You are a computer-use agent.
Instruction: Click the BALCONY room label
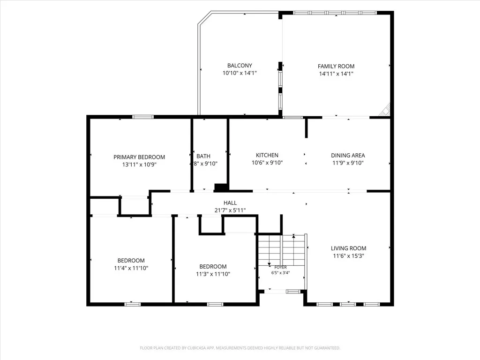(x=240, y=66)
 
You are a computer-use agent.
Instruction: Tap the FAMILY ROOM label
(x=336, y=66)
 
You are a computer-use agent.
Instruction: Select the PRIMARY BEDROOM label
(x=139, y=157)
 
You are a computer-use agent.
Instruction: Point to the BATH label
(x=203, y=156)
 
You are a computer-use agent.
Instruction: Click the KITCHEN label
(x=267, y=155)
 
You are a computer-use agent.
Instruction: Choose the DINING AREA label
(x=348, y=156)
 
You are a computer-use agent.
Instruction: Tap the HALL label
(x=230, y=202)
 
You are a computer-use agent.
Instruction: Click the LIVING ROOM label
(x=349, y=248)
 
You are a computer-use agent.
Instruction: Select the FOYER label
(x=281, y=267)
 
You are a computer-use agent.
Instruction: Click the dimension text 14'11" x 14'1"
(x=336, y=74)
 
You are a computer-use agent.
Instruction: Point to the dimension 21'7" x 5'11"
(x=230, y=210)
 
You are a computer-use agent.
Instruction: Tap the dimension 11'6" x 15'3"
(x=349, y=256)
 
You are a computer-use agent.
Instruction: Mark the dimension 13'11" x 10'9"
(x=139, y=165)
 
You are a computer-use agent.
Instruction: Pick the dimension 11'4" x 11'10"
(x=131, y=268)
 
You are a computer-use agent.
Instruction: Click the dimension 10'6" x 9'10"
(x=267, y=163)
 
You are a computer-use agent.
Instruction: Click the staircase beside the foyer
(x=282, y=250)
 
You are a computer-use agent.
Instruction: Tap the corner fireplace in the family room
(x=385, y=110)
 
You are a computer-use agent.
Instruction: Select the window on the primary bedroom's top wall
(x=143, y=117)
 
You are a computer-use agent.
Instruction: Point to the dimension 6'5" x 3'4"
(x=280, y=273)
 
